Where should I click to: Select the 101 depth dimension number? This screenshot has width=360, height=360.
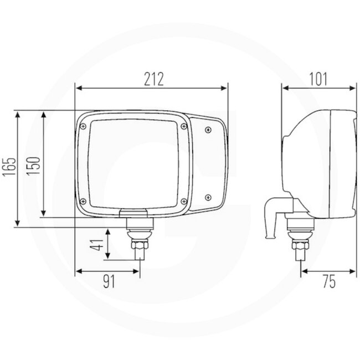(x=318, y=79)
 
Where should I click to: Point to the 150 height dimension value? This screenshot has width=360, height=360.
(x=34, y=166)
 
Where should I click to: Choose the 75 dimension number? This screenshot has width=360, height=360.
(x=328, y=282)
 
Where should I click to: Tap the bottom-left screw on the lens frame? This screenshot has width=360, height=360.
(x=83, y=201)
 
